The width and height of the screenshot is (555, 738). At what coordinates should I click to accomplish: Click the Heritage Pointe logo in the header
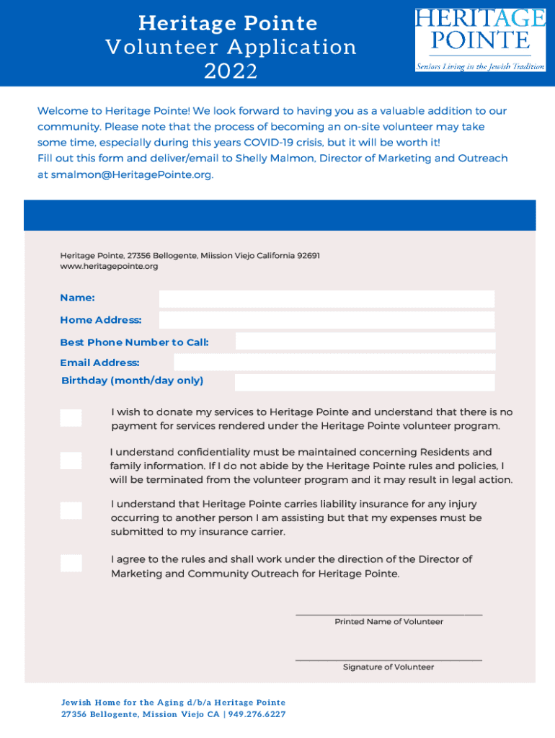(480, 40)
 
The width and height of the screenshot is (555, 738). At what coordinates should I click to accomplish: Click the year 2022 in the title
(231, 71)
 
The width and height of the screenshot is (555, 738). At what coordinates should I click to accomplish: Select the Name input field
(327, 299)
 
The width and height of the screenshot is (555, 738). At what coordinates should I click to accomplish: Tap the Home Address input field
(327, 320)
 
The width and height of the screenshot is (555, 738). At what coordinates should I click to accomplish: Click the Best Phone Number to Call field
(365, 342)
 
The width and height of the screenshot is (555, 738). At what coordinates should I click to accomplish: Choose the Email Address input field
(365, 362)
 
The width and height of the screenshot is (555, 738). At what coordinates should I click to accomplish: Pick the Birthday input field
(365, 382)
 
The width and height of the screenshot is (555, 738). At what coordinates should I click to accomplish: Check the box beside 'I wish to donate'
(71, 418)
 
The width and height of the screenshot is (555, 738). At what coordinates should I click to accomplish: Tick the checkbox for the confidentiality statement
(71, 461)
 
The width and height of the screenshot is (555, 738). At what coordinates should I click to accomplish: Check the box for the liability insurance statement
(71, 511)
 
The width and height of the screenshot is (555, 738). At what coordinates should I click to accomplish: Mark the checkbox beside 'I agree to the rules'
(71, 564)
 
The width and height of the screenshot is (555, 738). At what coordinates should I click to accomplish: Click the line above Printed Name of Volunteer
(388, 614)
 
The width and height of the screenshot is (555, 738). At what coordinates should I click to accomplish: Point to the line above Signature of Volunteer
(388, 659)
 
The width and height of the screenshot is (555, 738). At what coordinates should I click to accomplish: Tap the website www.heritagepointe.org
(109, 267)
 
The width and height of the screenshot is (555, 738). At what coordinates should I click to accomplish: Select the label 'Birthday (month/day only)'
(132, 381)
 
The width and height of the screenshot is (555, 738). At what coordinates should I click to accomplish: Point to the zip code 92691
(308, 256)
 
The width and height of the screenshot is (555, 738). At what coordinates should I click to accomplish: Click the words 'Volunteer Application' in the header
(231, 48)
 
